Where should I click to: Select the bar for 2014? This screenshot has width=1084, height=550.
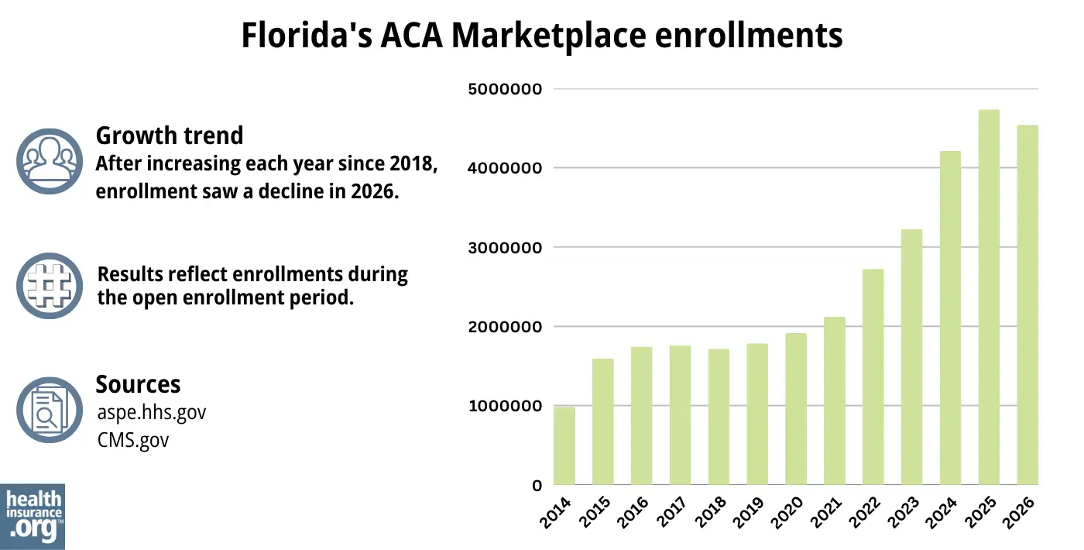pos(564,446)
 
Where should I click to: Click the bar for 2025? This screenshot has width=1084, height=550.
pos(989,297)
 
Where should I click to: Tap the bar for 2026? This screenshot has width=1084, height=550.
pos(1027,305)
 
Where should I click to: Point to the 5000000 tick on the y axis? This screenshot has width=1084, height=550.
pos(503,89)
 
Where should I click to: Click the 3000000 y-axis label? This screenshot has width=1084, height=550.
pos(503,248)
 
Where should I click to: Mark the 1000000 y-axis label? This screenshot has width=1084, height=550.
pos(503,407)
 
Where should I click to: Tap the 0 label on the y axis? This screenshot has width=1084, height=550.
pos(537,486)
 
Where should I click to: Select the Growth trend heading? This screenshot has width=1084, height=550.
pos(169,136)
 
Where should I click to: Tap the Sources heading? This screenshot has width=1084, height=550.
pos(138,384)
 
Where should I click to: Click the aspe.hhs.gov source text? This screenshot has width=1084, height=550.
pos(152,412)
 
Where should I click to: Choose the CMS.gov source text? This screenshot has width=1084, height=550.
pos(133,440)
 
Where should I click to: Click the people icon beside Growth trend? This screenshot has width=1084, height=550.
pos(49,160)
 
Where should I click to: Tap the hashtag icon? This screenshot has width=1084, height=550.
pos(49,285)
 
